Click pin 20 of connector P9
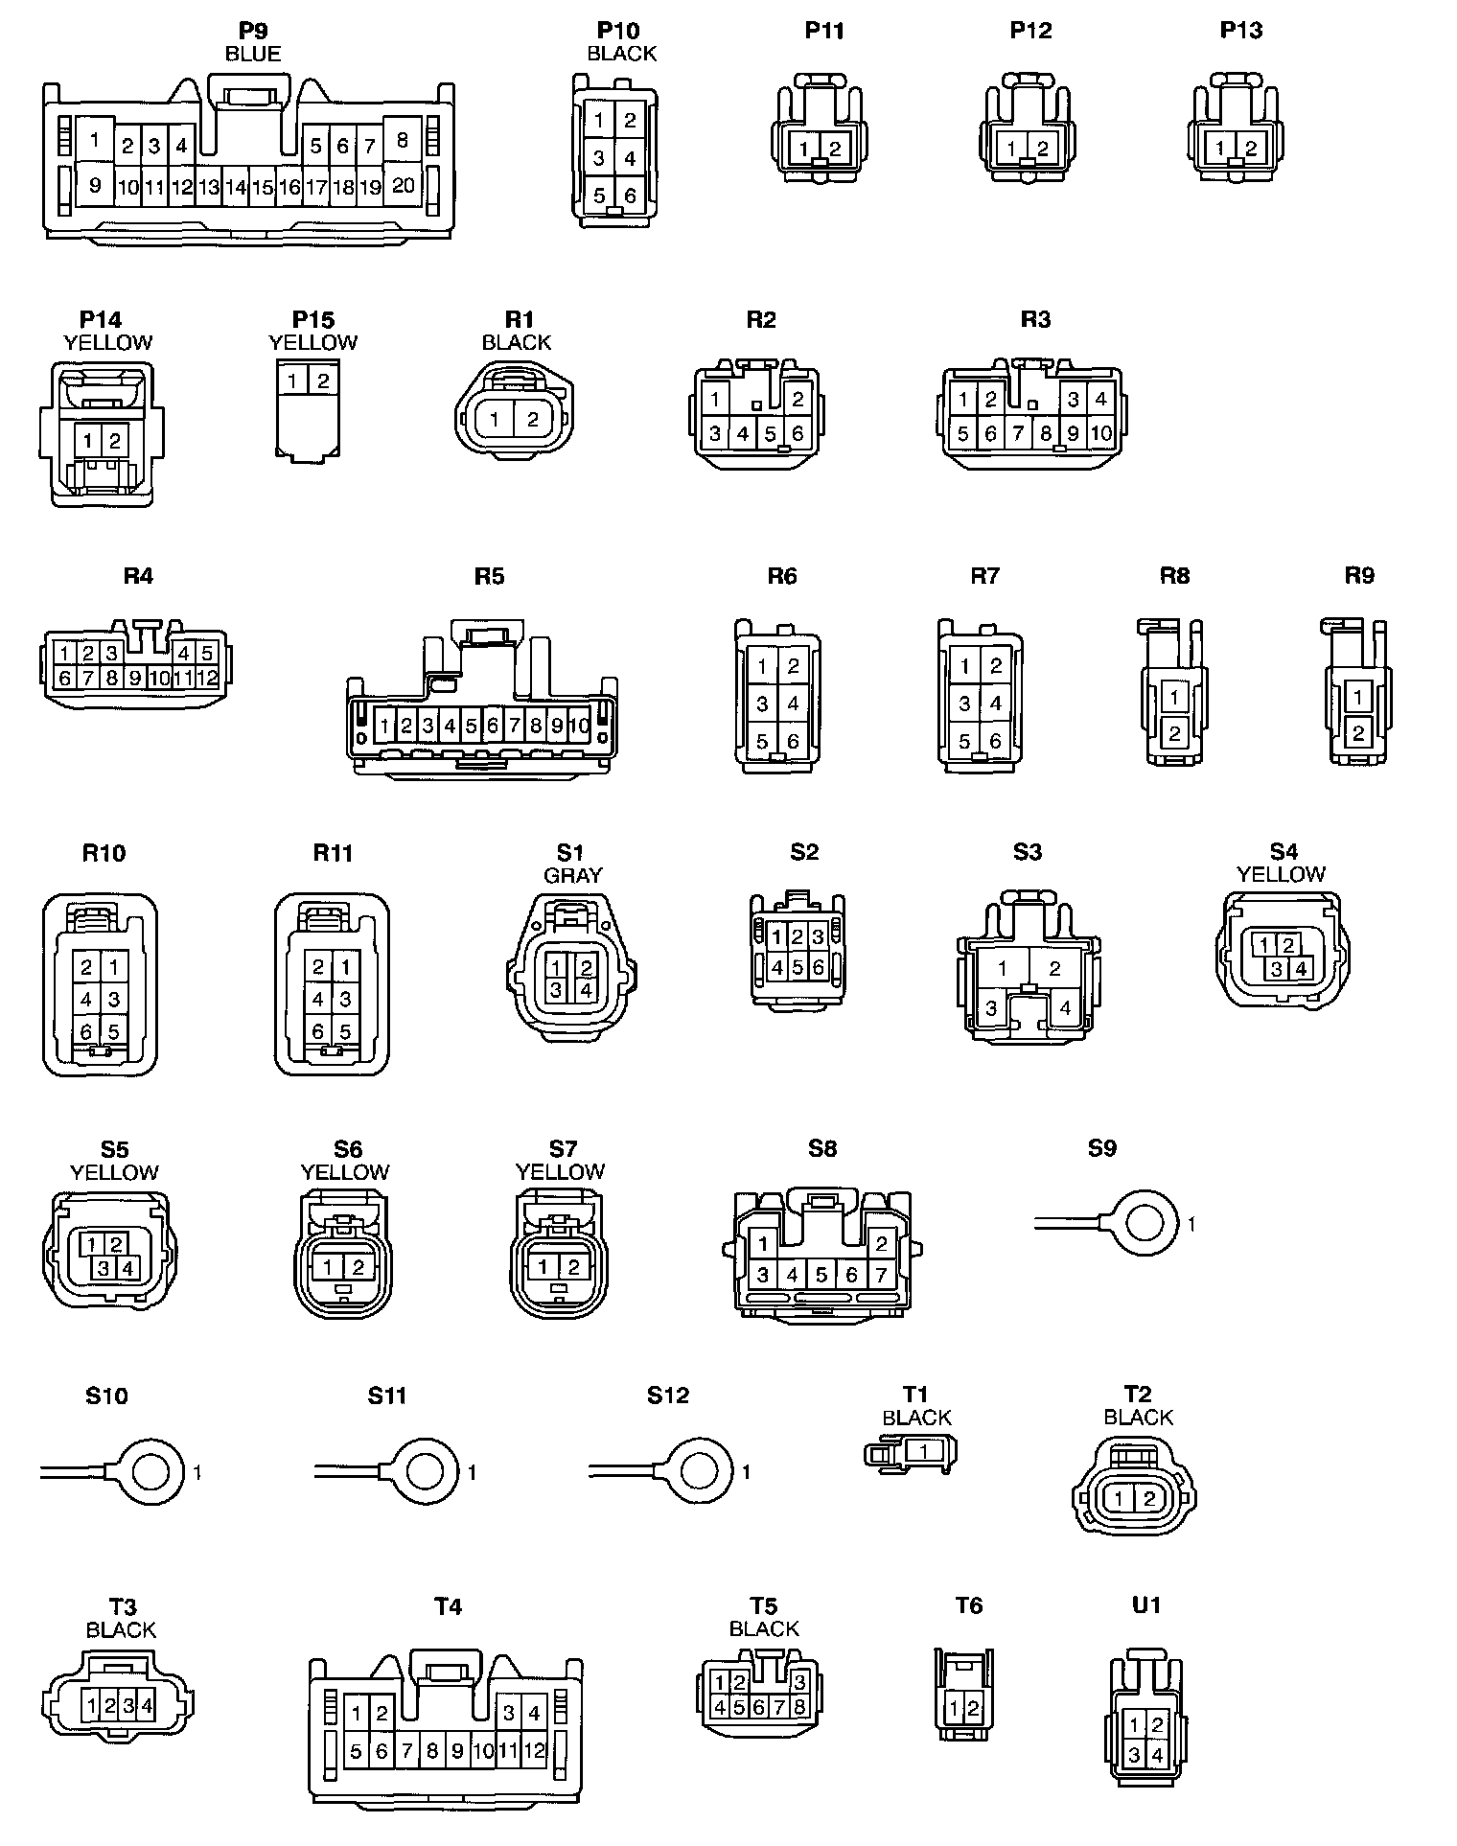tap(404, 185)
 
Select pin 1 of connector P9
tap(94, 141)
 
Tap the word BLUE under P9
tap(253, 55)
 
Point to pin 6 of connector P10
tap(630, 196)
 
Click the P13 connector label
tap(1241, 31)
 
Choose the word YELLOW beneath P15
tap(313, 343)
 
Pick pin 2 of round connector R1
tap(534, 419)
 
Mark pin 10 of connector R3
tap(1101, 433)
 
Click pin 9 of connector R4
tap(135, 679)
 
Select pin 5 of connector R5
tap(472, 726)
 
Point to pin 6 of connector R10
tap(86, 1032)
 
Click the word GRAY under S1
tap(572, 875)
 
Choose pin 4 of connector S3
tap(1065, 1008)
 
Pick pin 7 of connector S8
tap(881, 1275)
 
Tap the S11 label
tap(387, 1396)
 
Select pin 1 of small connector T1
tap(923, 1451)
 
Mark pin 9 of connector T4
tap(457, 1752)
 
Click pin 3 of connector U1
tap(1135, 1756)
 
